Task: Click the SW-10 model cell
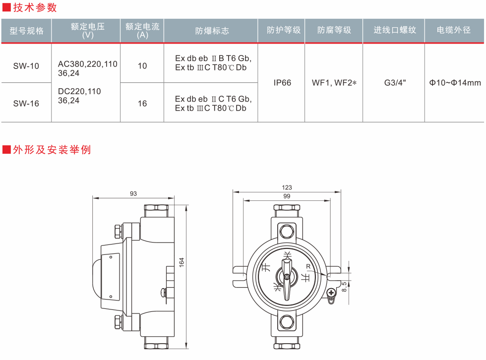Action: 26,65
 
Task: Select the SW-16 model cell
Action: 26,103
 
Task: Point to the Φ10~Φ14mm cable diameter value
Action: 455,83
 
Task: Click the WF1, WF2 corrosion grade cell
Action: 334,83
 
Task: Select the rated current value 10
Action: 142,65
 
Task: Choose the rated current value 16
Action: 142,103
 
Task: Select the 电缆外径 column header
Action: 453,30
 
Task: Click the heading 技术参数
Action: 35,7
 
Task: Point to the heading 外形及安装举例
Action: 52,149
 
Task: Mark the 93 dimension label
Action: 133,194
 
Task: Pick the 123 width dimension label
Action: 287,187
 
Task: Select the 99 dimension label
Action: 287,196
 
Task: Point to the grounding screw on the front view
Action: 331,293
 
